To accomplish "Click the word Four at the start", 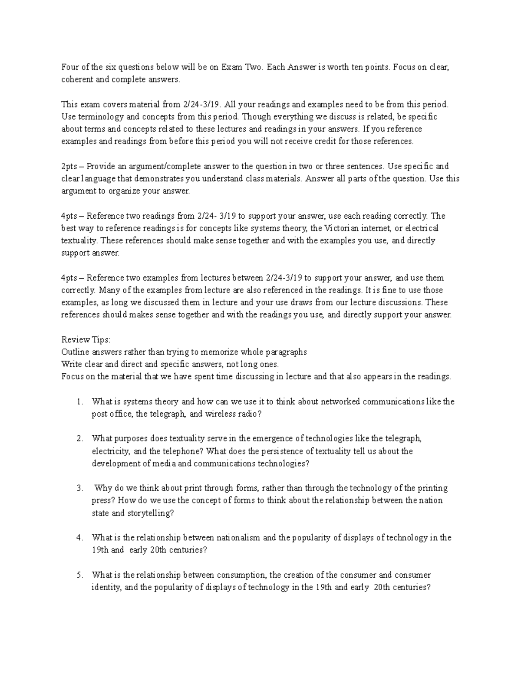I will tap(69, 67).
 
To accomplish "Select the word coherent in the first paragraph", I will tap(76, 79).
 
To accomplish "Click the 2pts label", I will tap(69, 167).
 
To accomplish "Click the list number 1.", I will tap(79, 402).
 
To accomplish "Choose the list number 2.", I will tap(79, 439).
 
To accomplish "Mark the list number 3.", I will tap(79, 488).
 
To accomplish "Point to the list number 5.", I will tap(79, 575).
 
